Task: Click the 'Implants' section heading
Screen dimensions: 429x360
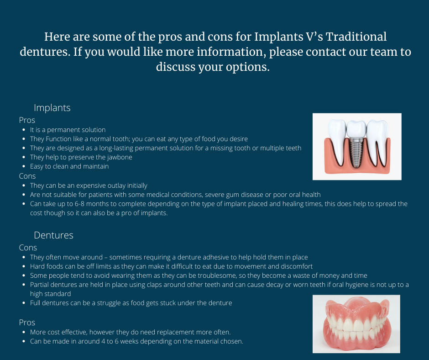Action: point(52,108)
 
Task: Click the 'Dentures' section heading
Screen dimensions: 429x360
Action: point(54,235)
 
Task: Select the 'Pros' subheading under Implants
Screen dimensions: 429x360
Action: point(27,120)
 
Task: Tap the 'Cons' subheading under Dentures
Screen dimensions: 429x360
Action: point(28,248)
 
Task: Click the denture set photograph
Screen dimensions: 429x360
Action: point(356,324)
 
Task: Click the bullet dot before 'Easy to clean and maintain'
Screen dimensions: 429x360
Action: point(24,167)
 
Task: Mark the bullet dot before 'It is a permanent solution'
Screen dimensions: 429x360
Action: point(24,130)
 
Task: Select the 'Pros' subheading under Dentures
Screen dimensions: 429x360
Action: point(27,323)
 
